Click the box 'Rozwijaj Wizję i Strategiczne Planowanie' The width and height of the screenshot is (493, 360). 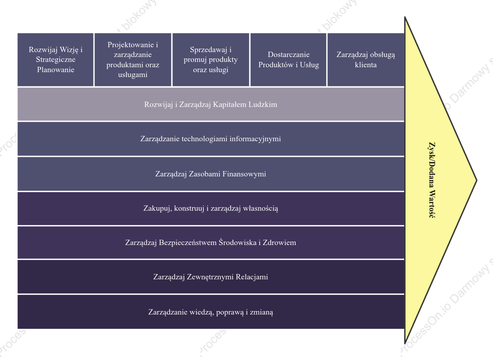[x=55, y=59]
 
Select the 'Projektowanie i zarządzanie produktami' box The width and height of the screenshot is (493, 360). [x=133, y=59]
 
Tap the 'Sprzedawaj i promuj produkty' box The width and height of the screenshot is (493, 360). [x=211, y=59]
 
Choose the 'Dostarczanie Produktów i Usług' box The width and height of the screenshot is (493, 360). [x=288, y=59]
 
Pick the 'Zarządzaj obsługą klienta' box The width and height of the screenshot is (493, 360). [x=366, y=59]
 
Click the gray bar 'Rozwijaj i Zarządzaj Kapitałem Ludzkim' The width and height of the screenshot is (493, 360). [x=211, y=104]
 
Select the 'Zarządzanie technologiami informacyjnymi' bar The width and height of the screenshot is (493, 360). [x=211, y=139]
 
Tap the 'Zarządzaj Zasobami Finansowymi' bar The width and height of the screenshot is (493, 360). [x=211, y=174]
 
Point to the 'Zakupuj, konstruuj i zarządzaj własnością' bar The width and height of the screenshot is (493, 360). [x=211, y=209]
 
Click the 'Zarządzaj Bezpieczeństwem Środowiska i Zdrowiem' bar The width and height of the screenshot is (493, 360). [x=211, y=243]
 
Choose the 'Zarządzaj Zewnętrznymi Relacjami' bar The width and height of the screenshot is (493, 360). [x=211, y=277]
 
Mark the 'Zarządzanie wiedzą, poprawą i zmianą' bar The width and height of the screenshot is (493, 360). [x=211, y=312]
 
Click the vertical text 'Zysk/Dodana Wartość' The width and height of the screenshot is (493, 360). [x=432, y=180]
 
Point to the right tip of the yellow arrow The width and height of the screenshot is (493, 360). [x=477, y=180]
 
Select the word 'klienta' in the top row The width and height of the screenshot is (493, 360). [x=366, y=65]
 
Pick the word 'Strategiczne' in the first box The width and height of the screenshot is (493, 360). [x=56, y=60]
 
